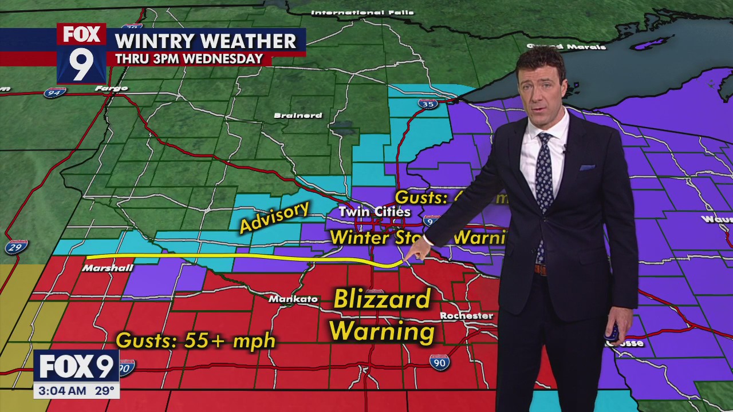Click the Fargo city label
coord(111,89)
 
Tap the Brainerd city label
coord(298,116)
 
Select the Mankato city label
coord(293,299)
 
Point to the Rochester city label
coord(466,316)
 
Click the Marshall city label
coord(108,268)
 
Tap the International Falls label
coord(354,12)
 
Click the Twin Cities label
coord(375,212)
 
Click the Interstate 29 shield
coord(15,247)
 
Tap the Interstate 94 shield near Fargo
coord(54,92)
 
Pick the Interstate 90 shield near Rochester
coord(439,362)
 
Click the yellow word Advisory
coord(274,217)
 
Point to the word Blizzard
coord(382,299)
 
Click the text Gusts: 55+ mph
coord(196,341)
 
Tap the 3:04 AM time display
coord(60,391)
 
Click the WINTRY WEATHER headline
coord(206,41)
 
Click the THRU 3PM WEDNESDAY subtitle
coord(189,59)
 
